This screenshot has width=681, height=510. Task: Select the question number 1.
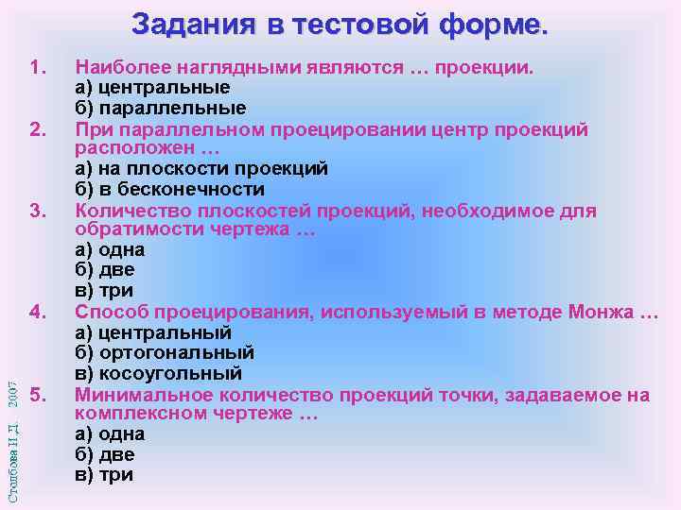(x=39, y=68)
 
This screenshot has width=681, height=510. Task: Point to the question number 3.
(x=39, y=210)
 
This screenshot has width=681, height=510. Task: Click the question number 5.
(x=39, y=394)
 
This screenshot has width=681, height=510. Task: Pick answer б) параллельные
(x=160, y=109)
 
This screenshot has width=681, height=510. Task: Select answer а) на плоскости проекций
(x=201, y=169)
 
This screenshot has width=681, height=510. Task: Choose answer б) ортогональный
(x=164, y=352)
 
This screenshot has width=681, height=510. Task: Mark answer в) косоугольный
(x=160, y=373)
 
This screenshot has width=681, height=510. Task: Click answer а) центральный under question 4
(x=152, y=332)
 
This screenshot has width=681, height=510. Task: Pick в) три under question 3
(x=103, y=291)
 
